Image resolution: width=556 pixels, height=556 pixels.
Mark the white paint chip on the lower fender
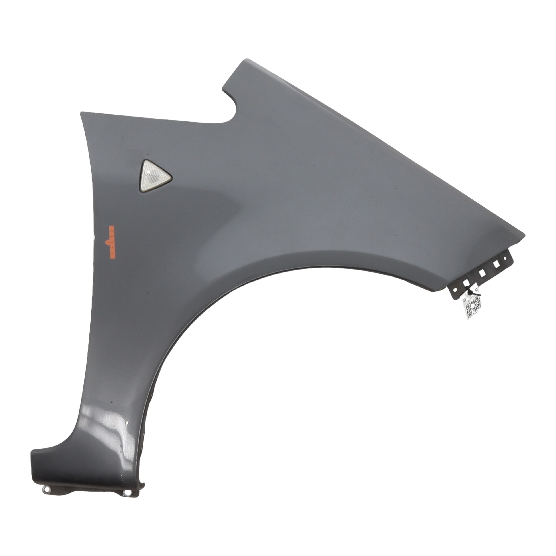[x=127, y=423]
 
